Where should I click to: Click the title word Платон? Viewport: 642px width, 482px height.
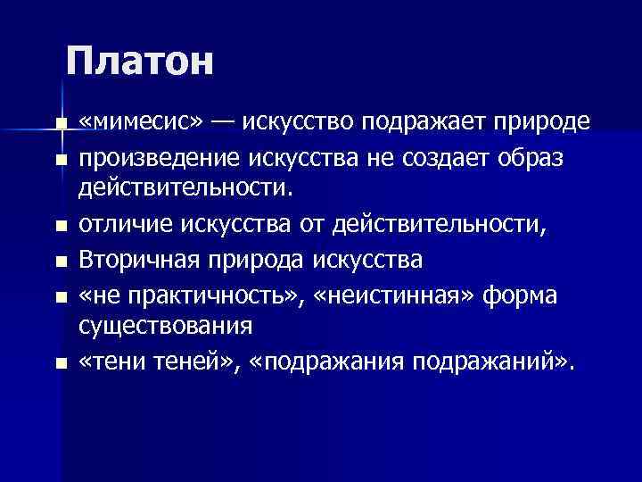[x=140, y=62]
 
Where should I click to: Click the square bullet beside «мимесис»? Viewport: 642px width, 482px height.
[x=60, y=123]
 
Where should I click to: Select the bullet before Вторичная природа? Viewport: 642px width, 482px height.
[x=60, y=262]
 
